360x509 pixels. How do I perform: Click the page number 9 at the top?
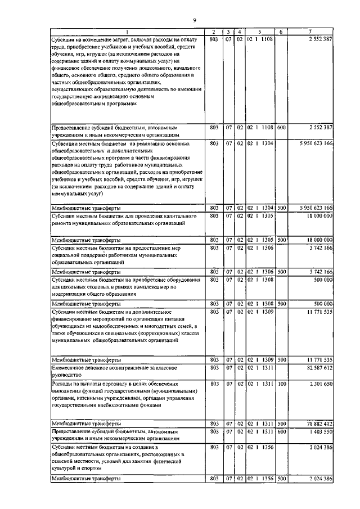click(194, 20)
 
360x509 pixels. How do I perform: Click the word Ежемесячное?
click(71, 367)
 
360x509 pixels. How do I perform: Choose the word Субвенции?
click(67, 143)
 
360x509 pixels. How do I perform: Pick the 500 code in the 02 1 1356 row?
click(281, 479)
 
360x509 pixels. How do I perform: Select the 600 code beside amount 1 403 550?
click(281, 431)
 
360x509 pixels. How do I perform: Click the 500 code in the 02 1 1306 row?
click(281, 271)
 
